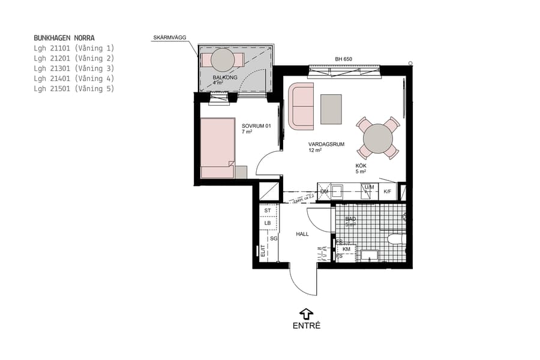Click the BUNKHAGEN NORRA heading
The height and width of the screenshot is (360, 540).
click(64, 38)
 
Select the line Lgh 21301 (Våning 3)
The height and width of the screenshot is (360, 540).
click(74, 68)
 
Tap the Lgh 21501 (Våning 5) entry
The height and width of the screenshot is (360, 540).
click(74, 89)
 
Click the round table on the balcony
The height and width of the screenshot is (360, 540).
click(223, 59)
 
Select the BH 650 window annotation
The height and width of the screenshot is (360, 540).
click(343, 59)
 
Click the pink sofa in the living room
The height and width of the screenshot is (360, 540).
click(301, 106)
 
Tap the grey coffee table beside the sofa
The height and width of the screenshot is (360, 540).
click(331, 109)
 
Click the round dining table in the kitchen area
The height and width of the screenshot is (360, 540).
click(378, 138)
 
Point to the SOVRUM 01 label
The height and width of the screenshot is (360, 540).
click(257, 126)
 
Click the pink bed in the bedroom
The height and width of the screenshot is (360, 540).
click(217, 148)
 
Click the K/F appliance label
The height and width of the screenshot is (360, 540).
click(387, 191)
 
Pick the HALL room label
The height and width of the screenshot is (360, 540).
click(302, 234)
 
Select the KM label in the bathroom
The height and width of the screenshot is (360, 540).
click(346, 249)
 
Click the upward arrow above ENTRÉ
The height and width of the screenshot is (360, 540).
click(306, 313)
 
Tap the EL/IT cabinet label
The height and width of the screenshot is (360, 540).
click(262, 251)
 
